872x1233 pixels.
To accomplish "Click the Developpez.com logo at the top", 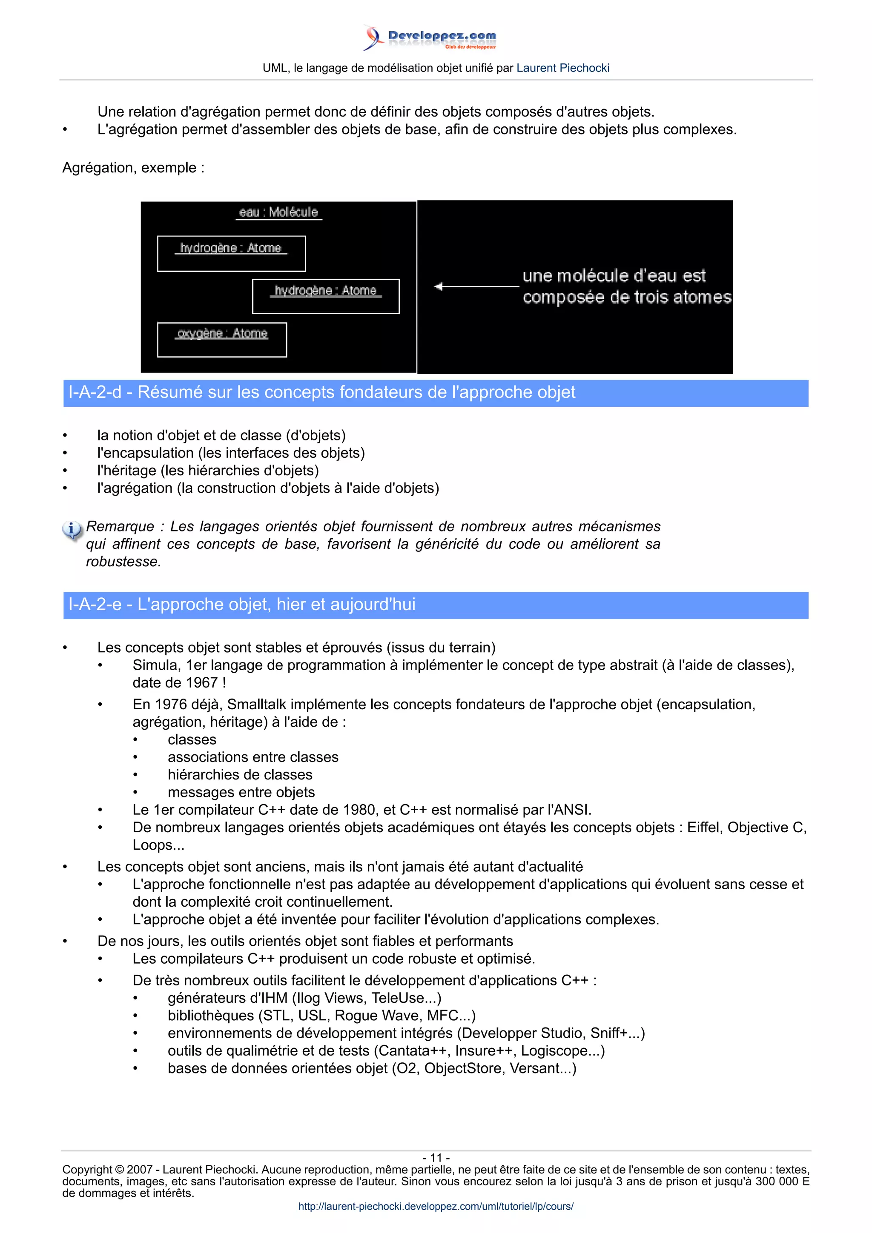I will (x=430, y=37).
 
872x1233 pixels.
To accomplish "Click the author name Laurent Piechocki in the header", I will (x=562, y=68).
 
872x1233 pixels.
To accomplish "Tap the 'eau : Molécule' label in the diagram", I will (x=278, y=212).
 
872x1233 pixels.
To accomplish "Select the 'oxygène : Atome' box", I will (x=222, y=340).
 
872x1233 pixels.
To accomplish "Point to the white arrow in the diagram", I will (x=476, y=286).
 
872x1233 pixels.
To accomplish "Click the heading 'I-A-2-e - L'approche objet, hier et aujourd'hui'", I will (x=242, y=605).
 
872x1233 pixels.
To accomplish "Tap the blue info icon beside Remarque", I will (x=72, y=530).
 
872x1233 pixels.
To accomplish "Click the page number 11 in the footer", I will (x=436, y=1158).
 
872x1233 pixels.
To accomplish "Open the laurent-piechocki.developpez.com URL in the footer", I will (x=436, y=1206).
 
